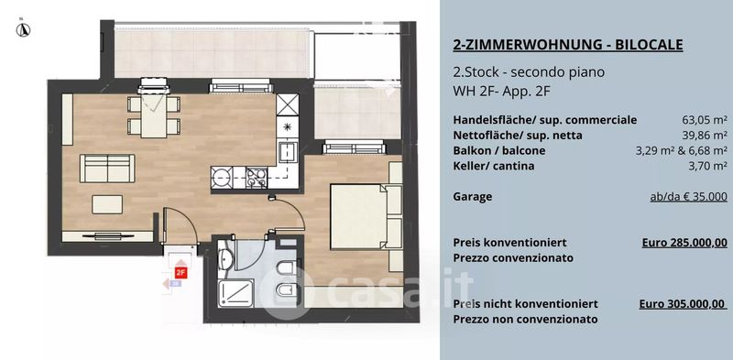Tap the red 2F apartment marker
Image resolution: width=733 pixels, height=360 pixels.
(x=181, y=273)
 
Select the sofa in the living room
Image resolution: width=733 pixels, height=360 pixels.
(x=107, y=169)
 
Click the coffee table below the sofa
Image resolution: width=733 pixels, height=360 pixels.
(x=107, y=204)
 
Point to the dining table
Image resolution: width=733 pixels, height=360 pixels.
(x=154, y=115)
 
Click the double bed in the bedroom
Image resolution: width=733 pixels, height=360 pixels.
(x=359, y=216)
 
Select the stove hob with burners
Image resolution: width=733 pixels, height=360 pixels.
(x=257, y=177)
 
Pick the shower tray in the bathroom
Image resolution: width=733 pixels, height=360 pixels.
(x=236, y=293)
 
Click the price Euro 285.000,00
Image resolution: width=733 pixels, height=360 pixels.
(x=684, y=243)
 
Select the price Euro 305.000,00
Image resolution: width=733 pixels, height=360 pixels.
(x=683, y=304)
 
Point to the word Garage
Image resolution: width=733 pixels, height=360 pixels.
(x=473, y=197)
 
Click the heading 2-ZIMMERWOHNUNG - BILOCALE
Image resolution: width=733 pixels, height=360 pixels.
(x=568, y=45)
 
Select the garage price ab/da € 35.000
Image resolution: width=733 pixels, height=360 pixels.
(x=689, y=197)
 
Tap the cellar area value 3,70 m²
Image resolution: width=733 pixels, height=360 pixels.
(x=707, y=166)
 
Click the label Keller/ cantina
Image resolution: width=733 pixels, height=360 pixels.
(x=494, y=166)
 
